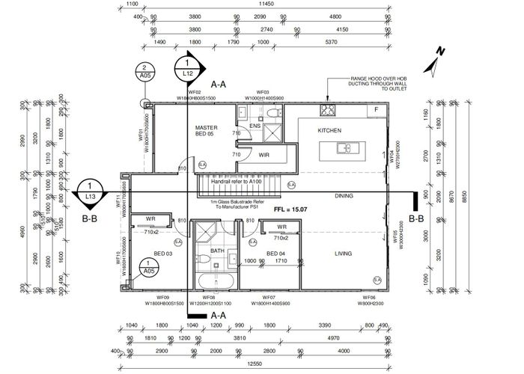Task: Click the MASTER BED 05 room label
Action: (x=206, y=131)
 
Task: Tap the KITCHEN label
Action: (x=329, y=130)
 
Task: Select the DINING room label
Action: (x=344, y=196)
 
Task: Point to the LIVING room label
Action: (x=343, y=254)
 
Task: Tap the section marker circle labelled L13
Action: (x=91, y=191)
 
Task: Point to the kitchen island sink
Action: (x=346, y=148)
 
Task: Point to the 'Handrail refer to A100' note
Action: (x=235, y=181)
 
